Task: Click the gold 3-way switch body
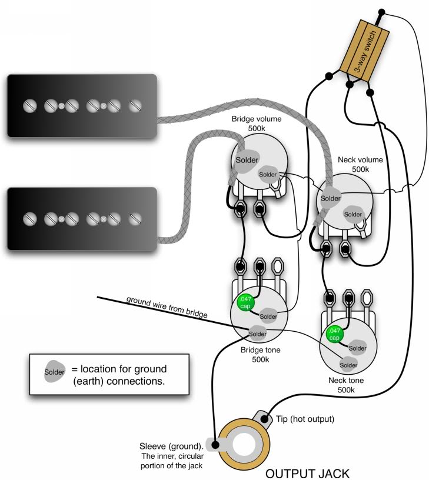point(365,51)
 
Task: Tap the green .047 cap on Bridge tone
point(246,302)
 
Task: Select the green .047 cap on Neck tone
point(334,334)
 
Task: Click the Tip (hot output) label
point(305,419)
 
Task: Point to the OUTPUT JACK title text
point(307,474)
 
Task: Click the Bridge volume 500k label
point(257,124)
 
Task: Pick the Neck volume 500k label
point(360,164)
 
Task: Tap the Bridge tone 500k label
point(261,355)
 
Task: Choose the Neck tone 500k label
point(346,385)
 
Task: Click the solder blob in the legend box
point(55,371)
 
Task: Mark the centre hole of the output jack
point(244,444)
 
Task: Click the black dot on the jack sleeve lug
point(215,444)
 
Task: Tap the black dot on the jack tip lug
point(265,419)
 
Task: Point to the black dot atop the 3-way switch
point(381,12)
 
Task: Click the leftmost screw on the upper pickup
point(30,106)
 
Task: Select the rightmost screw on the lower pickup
point(135,219)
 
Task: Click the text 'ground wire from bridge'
point(167,306)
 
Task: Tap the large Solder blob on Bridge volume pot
point(247,160)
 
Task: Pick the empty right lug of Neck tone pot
point(367,298)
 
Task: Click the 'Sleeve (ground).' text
point(171,446)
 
